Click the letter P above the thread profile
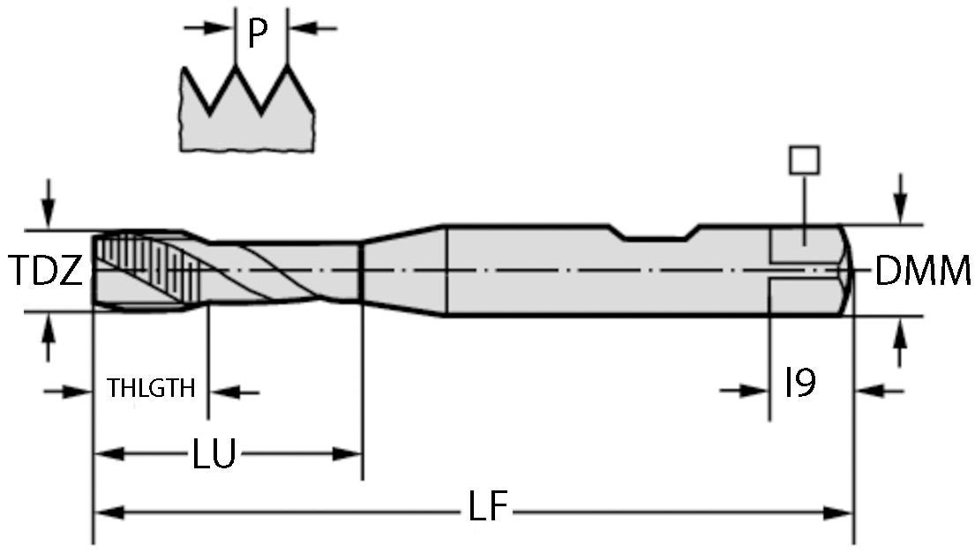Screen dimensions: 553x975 [x=258, y=34]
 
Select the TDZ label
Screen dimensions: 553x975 [x=46, y=272]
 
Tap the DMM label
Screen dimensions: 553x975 [x=923, y=272]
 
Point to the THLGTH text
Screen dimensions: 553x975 [x=151, y=388]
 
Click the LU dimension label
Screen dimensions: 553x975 [x=214, y=455]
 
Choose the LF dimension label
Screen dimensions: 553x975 [x=487, y=509]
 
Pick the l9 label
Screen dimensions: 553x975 [x=799, y=383]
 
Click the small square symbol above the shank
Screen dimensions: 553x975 [x=805, y=160]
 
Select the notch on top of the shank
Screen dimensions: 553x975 [x=655, y=234]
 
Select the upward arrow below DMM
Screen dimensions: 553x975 [x=899, y=336]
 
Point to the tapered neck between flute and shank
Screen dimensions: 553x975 [x=402, y=269]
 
